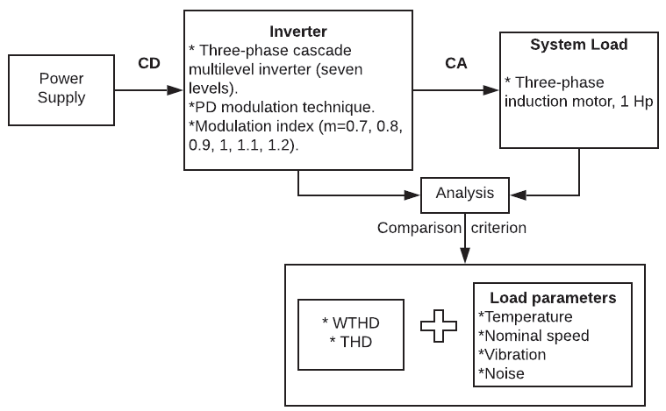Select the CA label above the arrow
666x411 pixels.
pos(455,64)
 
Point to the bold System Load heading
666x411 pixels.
pos(579,44)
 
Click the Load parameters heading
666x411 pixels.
pos(553,298)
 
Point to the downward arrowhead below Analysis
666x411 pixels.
pos(464,255)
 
